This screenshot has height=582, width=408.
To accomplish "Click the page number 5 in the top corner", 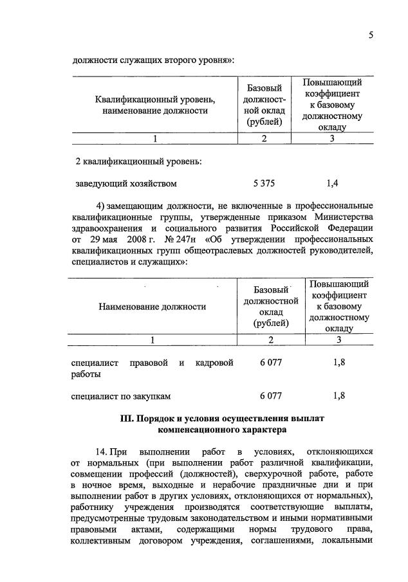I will (371, 36).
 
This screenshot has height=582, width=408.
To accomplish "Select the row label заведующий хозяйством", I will (126, 184).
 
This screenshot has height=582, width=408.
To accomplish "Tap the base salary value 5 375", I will (264, 184).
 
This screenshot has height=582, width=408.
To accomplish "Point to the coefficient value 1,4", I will (332, 184).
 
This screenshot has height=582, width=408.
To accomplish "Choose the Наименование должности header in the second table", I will (153, 307).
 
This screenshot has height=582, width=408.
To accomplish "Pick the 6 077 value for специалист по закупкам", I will (271, 396).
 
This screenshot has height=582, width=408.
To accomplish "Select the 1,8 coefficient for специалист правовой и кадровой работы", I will (339, 363).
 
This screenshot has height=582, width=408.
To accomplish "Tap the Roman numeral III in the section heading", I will (127, 419).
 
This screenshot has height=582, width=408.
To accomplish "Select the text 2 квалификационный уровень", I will (139, 161).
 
